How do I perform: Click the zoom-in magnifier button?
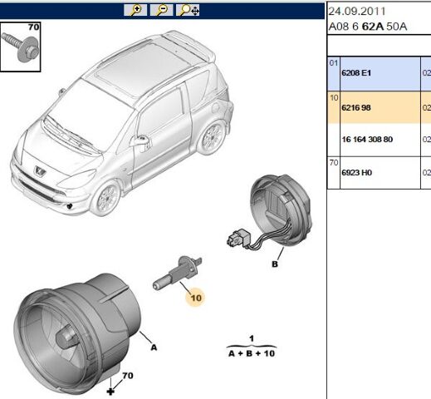coord(135,10)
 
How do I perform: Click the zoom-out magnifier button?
coord(161,10)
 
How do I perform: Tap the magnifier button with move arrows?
coord(188,10)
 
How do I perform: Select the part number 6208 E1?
coord(356,73)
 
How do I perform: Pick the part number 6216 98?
coord(356,107)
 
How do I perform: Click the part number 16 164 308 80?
coord(367,139)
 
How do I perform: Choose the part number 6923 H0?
coord(356,173)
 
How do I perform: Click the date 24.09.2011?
coord(357,12)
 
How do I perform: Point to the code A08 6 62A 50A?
coord(368,27)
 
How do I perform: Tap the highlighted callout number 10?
coord(196,298)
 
